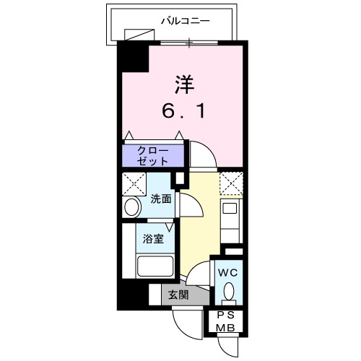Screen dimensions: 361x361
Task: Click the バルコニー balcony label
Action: pyautogui.click(x=186, y=22)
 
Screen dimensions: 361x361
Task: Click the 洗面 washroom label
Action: pyautogui.click(x=161, y=199)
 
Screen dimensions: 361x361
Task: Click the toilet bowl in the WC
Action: pyautogui.click(x=228, y=292)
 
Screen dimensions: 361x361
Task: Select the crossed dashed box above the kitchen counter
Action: pyautogui.click(x=230, y=182)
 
